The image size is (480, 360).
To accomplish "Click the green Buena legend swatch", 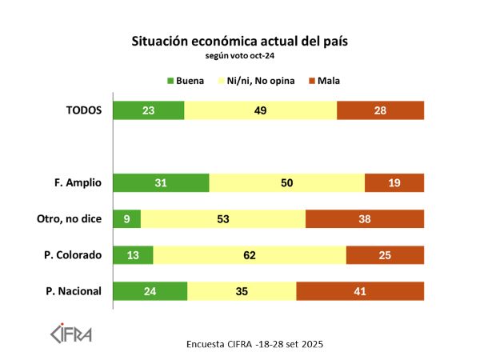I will click(x=170, y=81).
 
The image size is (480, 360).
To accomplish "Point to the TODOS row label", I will click(x=84, y=110).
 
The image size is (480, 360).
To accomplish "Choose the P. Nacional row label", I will click(x=74, y=291).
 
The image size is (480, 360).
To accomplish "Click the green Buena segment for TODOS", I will click(x=149, y=110).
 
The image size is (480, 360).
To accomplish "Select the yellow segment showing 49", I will click(x=260, y=110).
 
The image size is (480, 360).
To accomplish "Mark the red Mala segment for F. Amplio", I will click(x=394, y=183).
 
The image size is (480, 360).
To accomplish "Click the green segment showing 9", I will click(x=127, y=219).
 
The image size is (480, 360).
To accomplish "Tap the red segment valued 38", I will click(x=365, y=219).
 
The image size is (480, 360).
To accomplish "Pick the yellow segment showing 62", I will click(x=250, y=255).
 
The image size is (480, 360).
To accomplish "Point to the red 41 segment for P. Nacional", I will click(x=360, y=291).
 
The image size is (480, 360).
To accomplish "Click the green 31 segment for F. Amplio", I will click(x=161, y=183).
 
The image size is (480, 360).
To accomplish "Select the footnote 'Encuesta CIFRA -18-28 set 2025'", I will click(x=254, y=344).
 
